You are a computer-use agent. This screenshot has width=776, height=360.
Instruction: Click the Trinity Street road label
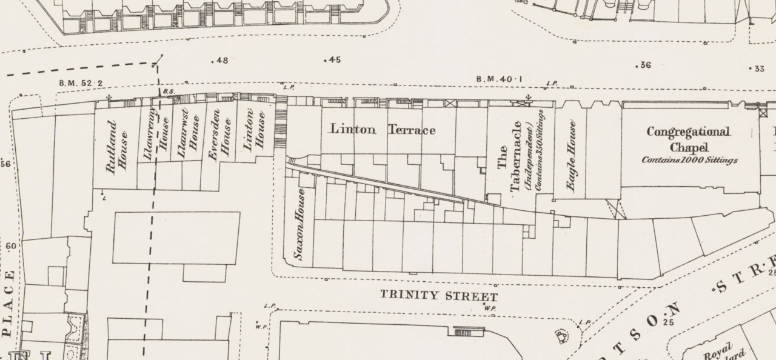point(439,296)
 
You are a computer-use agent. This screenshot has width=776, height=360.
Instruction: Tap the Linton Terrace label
point(382,130)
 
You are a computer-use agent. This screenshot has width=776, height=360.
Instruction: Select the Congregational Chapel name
point(688,139)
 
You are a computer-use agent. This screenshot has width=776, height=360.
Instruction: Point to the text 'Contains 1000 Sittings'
point(689,161)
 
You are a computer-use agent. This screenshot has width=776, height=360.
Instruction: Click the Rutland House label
point(116,147)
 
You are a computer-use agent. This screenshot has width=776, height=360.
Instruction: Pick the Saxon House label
point(298,224)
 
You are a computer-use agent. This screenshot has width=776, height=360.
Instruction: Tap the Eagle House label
point(570,155)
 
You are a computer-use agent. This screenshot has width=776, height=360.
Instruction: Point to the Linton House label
point(254,132)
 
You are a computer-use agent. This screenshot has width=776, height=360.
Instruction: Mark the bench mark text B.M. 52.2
point(81,83)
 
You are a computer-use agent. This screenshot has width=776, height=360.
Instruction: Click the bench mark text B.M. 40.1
point(500,79)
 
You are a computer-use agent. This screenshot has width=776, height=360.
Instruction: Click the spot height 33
point(757,69)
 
